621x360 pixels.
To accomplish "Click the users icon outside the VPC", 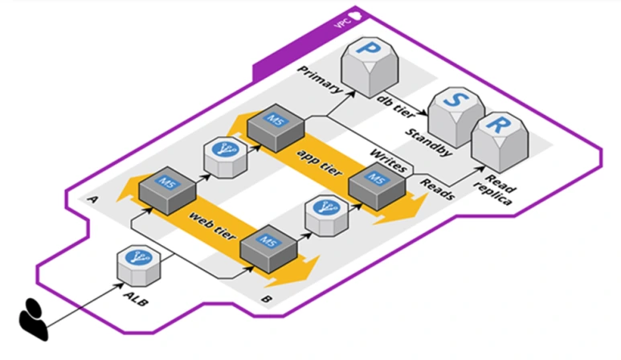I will pyautogui.click(x=37, y=317).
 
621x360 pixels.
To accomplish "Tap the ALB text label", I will pyautogui.click(x=139, y=302).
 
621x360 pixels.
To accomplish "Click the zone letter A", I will pyautogui.click(x=95, y=199).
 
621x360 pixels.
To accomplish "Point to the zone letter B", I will pyautogui.click(x=265, y=300).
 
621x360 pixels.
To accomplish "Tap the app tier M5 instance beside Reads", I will pyautogui.click(x=376, y=184).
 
